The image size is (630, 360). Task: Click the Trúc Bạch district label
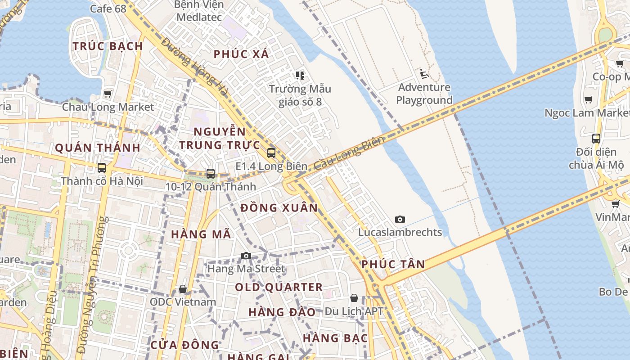[108, 46]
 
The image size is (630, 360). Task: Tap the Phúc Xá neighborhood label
[241, 54]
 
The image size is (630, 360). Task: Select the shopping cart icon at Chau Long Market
[108, 94]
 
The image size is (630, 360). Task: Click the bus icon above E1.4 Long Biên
[271, 153]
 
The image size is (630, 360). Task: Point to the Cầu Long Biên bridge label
[350, 153]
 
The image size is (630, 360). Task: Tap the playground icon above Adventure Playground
[424, 73]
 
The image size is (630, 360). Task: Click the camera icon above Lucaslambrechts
[400, 219]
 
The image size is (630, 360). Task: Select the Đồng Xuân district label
[279, 208]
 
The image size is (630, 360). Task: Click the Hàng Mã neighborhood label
[201, 234]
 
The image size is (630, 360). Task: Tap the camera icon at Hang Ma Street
[246, 256]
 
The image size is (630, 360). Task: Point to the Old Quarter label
[279, 287]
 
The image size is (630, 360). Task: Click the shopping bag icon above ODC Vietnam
[183, 288]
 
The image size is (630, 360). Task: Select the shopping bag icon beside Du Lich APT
[354, 298]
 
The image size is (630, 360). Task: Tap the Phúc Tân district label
[393, 264]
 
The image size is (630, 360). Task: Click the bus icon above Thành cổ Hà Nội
[102, 168]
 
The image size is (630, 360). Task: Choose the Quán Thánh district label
[98, 148]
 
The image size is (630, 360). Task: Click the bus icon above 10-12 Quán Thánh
[210, 173]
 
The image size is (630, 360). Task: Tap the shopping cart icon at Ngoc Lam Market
[588, 99]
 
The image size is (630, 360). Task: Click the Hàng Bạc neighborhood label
[335, 338]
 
